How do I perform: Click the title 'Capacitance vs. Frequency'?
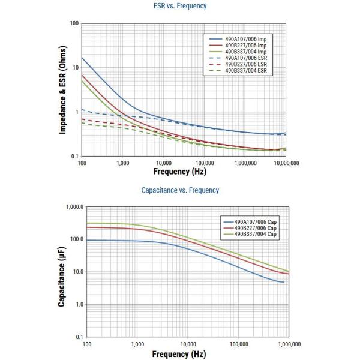pyautogui.click(x=180, y=190)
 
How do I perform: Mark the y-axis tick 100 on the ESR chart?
pyautogui.click(x=74, y=23)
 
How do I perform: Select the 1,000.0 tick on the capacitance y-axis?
pyautogui.click(x=72, y=206)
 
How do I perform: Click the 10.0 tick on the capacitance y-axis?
pyautogui.click(x=75, y=272)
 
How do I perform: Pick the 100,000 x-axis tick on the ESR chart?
pyautogui.click(x=204, y=162)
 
